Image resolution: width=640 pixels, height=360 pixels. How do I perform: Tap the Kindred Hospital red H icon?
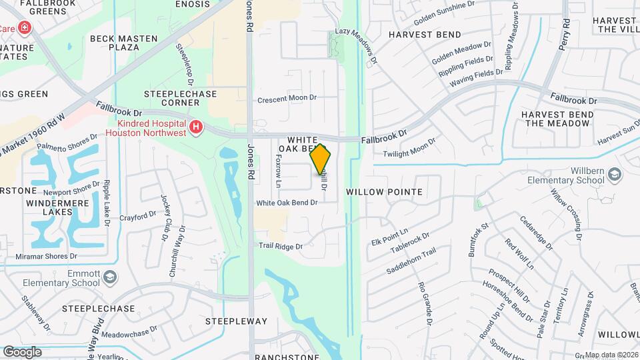coord(195,127)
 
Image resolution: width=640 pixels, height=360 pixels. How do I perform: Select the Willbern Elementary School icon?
coord(614,175)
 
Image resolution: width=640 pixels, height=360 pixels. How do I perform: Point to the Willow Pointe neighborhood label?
coord(385,192)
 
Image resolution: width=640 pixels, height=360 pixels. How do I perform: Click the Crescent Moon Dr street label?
coord(287,98)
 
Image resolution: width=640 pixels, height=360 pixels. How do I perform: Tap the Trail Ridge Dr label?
coord(281,246)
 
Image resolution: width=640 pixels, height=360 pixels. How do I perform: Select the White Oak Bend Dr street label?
coord(287,203)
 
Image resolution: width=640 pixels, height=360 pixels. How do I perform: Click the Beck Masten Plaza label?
coord(123,43)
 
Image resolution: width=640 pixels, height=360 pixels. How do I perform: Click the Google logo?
coord(22,352)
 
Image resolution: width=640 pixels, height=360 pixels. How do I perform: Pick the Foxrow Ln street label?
coord(279,171)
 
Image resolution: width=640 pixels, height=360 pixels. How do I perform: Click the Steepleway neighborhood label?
coord(236,321)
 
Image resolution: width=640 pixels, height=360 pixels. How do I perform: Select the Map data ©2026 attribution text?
coord(611,355)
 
